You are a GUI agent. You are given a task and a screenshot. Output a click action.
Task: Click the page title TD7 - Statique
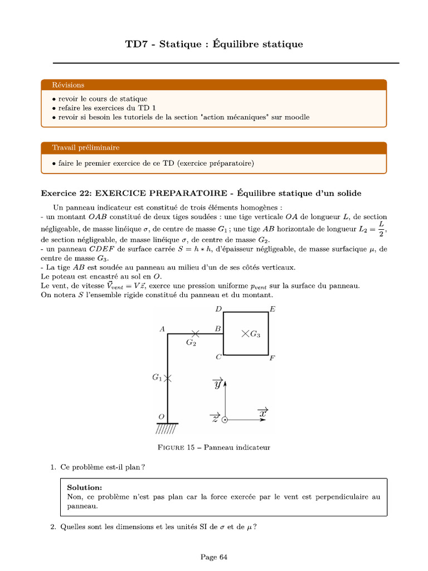pos(214,44)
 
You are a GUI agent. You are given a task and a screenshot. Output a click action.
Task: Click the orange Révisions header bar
pos(214,85)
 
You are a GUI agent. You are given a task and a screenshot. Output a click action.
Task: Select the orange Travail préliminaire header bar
pos(214,148)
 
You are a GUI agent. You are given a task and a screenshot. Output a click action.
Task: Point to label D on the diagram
pos(218,309)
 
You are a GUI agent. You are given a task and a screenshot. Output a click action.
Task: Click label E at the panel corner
pos(273,309)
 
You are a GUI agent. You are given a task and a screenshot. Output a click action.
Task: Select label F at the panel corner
pos(272,358)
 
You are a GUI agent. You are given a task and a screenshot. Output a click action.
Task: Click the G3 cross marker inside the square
pos(245,333)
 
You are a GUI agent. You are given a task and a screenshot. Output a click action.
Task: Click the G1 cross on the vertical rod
pos(168,378)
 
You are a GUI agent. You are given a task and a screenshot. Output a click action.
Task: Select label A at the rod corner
pos(162,330)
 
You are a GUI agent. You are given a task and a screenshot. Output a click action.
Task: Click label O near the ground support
pos(162,417)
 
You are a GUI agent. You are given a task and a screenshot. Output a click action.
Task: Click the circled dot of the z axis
pos(225,420)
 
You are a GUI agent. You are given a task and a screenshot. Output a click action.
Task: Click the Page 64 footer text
pos(214,557)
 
